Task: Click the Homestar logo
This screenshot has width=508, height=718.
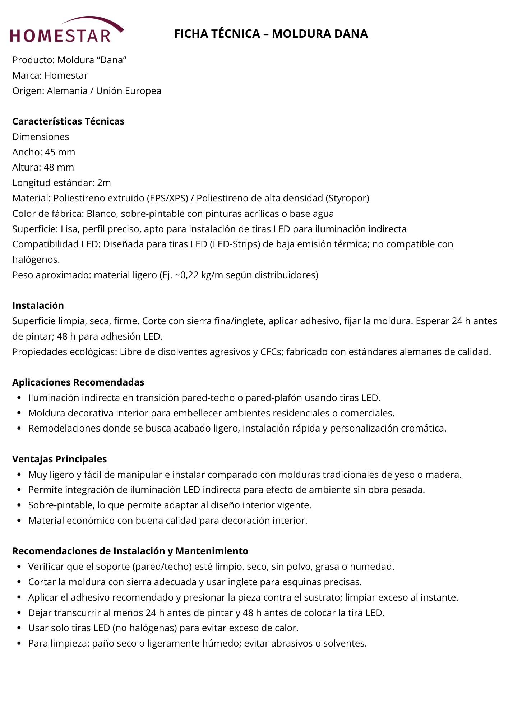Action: [x=66, y=30]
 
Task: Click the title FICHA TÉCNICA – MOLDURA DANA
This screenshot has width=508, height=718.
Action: [x=271, y=34]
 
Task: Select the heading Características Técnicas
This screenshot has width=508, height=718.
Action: [x=68, y=121]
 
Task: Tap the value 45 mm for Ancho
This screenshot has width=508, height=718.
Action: [x=60, y=152]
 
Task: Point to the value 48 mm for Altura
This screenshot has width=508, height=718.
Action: [x=59, y=167]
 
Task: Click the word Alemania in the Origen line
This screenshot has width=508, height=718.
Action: [x=67, y=91]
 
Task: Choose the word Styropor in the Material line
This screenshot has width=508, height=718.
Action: [x=347, y=198]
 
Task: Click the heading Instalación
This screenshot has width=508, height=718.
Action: [x=38, y=306]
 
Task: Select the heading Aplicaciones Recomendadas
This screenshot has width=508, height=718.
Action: [x=78, y=382]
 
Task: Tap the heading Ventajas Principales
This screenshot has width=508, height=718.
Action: [x=60, y=459]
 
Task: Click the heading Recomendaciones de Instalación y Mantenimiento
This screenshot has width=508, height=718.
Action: [x=130, y=551]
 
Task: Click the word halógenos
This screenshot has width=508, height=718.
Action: [x=36, y=260]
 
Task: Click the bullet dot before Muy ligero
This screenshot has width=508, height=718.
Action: [x=19, y=475]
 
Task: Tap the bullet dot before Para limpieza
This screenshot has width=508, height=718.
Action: [x=19, y=643]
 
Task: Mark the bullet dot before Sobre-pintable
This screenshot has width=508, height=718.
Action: [x=19, y=505]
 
